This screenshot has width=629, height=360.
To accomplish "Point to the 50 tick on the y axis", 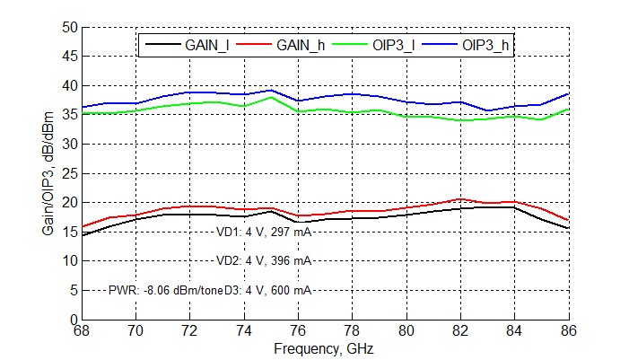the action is coord(70,27).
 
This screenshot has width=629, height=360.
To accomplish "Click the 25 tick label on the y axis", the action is coord(70,173).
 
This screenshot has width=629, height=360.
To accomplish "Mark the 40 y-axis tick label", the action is coord(70,85).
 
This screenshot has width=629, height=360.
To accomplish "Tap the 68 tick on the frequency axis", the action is coord(82,330).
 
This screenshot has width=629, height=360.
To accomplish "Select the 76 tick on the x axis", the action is coord(298,330).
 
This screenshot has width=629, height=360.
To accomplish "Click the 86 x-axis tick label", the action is coord(569,330).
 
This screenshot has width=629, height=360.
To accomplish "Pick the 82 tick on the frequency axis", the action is coord(460,330).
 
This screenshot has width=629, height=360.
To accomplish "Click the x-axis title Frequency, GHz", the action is coord(324,348).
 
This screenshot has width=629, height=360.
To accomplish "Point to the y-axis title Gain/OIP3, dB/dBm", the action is coord(48,173).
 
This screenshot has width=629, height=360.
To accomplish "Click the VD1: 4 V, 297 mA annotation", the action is coord(264,232).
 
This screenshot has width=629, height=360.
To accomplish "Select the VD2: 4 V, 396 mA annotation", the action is coord(264,260).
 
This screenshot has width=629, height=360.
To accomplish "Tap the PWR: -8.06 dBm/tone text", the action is coord(163,290).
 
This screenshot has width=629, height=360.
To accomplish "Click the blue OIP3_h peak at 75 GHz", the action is coord(271,91).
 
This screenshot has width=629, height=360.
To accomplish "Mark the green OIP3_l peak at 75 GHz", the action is coord(271,97).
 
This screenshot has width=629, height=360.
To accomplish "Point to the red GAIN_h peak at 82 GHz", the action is coord(460,199).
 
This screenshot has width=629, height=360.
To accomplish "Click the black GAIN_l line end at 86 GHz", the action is coord(568,228).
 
